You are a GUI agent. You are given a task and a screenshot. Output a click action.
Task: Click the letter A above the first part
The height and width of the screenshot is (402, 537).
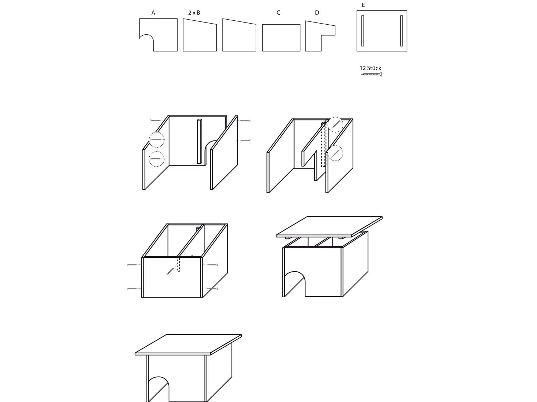[x=153, y=13]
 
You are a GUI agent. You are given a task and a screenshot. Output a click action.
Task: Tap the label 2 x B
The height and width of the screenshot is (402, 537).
[x=194, y=13]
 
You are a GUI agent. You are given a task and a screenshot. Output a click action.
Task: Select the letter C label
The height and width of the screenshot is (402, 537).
[x=278, y=13]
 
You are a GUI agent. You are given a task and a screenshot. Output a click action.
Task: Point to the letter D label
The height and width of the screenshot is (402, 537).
[x=317, y=13]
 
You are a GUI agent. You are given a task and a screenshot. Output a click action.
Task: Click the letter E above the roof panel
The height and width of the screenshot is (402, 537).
[x=363, y=5]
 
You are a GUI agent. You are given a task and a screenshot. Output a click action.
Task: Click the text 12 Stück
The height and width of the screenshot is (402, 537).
[x=370, y=68]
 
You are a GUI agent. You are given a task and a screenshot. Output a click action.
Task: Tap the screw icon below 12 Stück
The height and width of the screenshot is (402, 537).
[x=371, y=74]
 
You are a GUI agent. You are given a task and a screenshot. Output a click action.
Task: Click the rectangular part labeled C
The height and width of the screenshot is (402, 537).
[x=281, y=38]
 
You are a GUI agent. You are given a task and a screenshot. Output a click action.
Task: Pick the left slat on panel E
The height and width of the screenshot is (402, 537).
[x=363, y=31]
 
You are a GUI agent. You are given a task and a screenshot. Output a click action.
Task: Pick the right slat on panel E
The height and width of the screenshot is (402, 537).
[x=401, y=31]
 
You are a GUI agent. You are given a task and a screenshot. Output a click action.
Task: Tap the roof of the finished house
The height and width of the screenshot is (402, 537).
[x=188, y=344]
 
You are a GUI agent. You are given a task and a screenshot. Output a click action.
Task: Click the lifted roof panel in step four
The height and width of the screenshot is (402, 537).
[x=329, y=227]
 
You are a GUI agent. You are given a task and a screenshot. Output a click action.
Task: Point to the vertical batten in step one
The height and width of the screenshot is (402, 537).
[x=199, y=141]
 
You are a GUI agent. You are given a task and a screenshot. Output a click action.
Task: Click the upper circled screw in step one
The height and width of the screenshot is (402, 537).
[x=156, y=140]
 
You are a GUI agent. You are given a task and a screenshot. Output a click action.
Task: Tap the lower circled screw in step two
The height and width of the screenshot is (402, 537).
[x=335, y=153]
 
